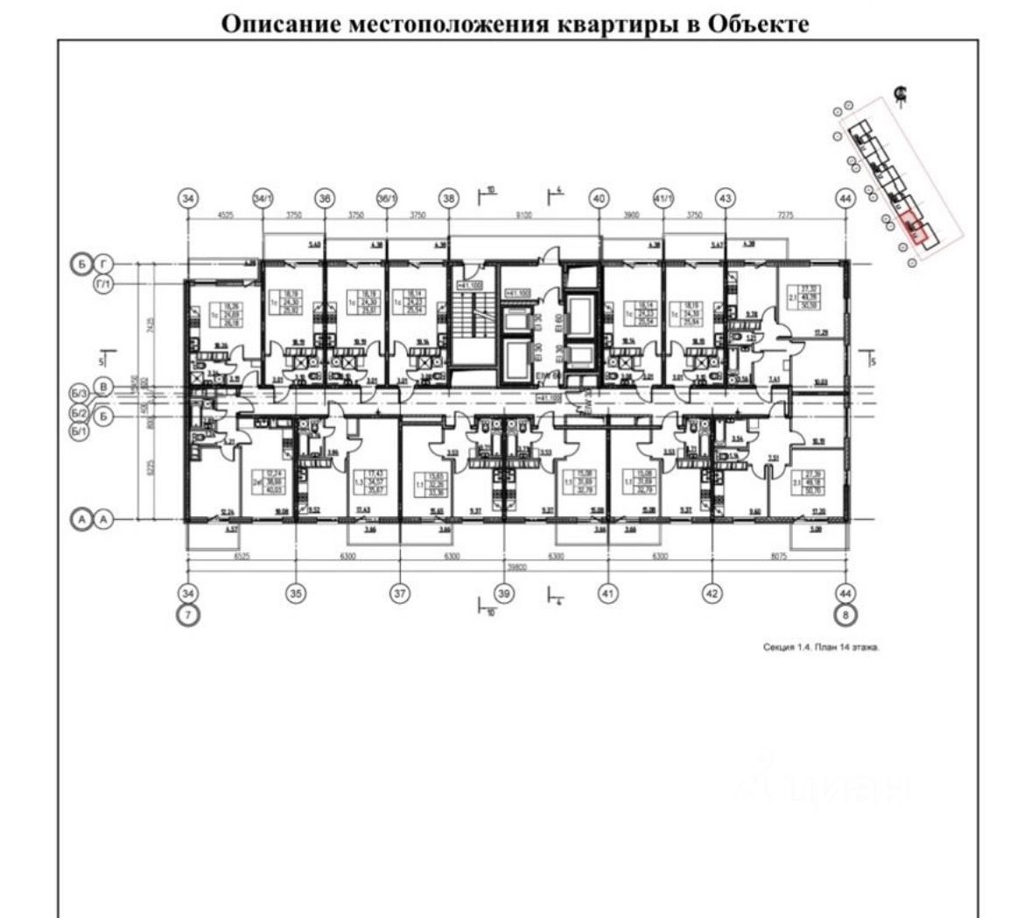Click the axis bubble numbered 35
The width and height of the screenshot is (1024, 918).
(297, 593)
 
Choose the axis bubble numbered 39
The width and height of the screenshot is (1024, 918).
(503, 593)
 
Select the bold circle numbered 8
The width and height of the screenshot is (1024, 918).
(845, 615)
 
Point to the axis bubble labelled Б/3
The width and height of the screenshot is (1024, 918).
(80, 396)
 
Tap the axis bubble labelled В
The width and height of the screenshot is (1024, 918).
(104, 386)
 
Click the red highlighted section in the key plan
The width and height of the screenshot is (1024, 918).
(912, 227)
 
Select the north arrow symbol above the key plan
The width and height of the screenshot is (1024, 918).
(900, 94)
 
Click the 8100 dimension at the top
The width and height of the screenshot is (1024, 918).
(523, 214)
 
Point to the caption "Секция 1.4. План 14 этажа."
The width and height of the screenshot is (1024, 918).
(820, 648)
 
